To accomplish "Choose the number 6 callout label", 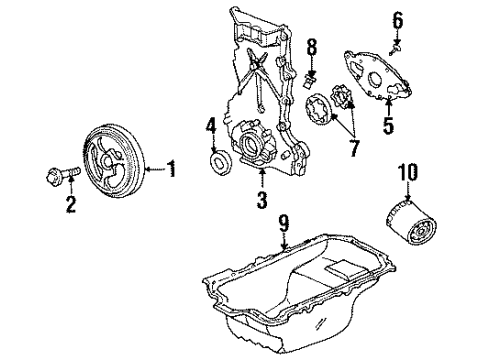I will [397, 19].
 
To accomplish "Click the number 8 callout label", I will [310, 48].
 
